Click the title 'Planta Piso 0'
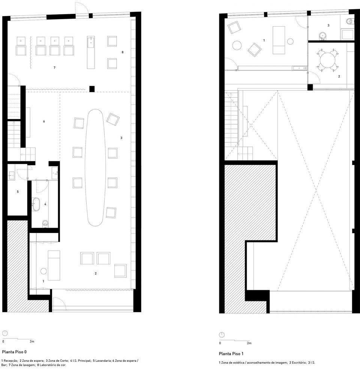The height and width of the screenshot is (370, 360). click(14, 352)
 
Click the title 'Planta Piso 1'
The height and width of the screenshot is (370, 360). click(231, 354)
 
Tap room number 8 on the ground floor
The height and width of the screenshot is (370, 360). click(122, 52)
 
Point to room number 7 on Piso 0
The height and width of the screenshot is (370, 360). click(55, 68)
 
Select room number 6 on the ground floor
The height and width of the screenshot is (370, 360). click(44, 121)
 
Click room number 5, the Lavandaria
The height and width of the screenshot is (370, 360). click(18, 192)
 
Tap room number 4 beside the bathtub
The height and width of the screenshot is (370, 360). click(45, 204)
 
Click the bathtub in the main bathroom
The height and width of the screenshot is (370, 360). click(36, 204)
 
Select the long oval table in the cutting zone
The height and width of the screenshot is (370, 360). click(95, 167)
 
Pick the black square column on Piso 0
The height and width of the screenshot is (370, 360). click(92, 89)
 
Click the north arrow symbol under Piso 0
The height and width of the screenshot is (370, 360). click(5, 333)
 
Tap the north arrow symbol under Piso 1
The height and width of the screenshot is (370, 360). click(222, 334)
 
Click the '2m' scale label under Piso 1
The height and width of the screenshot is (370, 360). click(249, 343)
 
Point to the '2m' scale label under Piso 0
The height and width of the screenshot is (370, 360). click(32, 342)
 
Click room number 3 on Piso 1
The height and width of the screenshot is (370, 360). click(328, 25)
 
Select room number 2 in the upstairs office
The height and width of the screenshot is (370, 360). click(339, 76)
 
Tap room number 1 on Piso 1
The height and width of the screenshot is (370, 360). click(264, 40)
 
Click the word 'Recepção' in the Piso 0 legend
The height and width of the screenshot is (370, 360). click(11, 361)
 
